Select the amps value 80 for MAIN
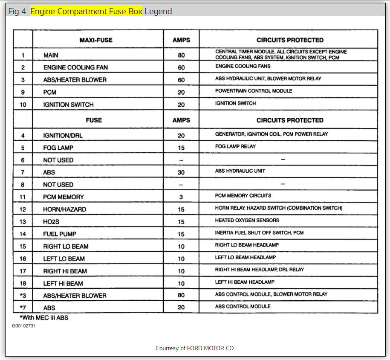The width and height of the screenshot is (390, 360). coord(181,55)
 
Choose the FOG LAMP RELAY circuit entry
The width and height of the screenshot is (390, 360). coord(235,146)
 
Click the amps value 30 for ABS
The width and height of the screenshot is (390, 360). coord(181,172)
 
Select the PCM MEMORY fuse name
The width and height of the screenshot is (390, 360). coord(64,197)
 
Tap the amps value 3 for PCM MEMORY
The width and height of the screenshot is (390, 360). coord(181,197)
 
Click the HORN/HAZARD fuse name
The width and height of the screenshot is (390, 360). coord(65,209)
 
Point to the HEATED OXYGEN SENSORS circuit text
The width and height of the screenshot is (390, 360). coord(247,221)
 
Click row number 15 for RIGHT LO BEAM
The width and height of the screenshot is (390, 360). coord(23,247)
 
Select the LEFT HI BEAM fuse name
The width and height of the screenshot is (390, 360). coord(63,284)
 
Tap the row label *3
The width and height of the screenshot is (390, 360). coord(23,296)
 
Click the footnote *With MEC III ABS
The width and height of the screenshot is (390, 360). coord(44,318)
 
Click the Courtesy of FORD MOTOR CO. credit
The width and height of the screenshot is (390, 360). coord(195,348)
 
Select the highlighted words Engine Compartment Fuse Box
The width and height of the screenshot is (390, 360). coord(86,12)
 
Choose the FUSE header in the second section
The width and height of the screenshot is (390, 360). coord(94,120)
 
